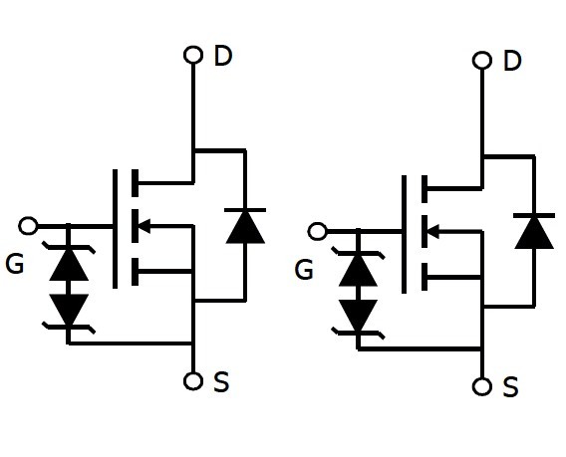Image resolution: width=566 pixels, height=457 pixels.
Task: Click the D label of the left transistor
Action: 223,56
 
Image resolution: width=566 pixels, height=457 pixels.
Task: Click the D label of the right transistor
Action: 512,61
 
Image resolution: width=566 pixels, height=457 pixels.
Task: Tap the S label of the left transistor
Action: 221,382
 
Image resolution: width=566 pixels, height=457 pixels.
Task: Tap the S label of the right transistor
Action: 510,387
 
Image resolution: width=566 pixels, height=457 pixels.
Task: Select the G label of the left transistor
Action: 15,264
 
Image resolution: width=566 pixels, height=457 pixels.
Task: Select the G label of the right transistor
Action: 304,270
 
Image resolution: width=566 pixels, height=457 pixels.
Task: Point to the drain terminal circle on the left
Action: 193,55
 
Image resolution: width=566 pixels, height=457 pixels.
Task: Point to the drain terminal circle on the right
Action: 482,60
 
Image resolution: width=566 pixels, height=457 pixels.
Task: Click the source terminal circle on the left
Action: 193,381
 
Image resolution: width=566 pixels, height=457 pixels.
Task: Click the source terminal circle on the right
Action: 482,386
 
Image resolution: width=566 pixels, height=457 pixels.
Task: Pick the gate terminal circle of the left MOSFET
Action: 28,226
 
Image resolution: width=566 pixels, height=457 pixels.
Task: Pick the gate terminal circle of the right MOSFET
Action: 317,231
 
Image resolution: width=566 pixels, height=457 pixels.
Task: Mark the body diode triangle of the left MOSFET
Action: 245,227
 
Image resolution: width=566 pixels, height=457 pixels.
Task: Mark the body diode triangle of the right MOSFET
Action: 534,233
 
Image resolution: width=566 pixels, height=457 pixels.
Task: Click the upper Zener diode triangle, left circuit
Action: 69,265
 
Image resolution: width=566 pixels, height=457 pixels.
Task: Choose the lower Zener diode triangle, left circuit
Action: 69,310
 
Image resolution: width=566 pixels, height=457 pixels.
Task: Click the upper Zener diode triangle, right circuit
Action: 358,270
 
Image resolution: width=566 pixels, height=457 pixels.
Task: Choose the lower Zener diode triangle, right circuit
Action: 358,315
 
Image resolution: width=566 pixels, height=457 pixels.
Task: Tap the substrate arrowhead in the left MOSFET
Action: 144,226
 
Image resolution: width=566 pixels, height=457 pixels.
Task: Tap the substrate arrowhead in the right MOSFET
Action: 433,232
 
